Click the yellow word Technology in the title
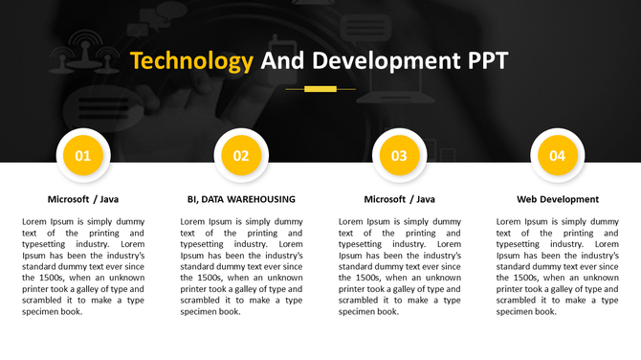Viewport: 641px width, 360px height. tap(191, 61)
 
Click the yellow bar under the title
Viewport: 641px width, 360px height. tap(320, 89)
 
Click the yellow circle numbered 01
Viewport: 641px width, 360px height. tap(83, 156)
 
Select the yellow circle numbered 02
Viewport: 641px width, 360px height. tap(241, 156)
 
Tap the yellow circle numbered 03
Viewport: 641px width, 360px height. tap(399, 156)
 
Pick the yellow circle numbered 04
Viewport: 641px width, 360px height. tap(557, 156)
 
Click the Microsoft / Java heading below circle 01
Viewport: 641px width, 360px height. tap(83, 199)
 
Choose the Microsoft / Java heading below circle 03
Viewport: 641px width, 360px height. tap(399, 199)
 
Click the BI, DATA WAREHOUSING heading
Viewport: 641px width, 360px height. tap(241, 199)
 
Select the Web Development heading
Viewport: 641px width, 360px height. tap(557, 199)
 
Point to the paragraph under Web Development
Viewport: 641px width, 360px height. tap(557, 266)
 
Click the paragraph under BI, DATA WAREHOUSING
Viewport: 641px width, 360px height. tap(241, 266)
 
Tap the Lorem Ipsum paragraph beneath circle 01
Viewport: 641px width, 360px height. tap(83, 266)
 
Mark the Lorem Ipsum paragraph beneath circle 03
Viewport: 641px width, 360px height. tap(399, 266)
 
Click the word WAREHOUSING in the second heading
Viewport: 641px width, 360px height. tap(262, 199)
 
